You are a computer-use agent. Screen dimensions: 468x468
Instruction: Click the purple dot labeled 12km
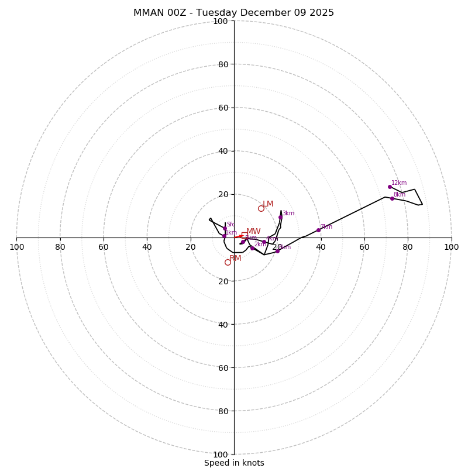(390, 187)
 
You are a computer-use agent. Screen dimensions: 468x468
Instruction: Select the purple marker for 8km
(392, 198)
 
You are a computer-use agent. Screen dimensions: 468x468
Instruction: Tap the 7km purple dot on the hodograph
(318, 230)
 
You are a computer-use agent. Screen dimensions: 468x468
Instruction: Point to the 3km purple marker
(280, 217)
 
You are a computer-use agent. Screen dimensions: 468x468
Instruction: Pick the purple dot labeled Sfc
(225, 228)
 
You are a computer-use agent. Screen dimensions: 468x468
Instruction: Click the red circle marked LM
(261, 208)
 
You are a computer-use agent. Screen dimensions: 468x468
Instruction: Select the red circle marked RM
(228, 262)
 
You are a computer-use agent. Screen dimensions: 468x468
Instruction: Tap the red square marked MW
(244, 235)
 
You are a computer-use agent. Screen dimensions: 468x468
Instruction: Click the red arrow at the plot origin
(239, 236)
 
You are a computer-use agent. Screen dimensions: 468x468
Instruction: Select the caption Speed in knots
(234, 463)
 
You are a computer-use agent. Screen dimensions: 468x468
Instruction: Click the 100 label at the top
(221, 22)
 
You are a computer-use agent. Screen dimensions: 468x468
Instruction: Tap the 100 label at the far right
(451, 247)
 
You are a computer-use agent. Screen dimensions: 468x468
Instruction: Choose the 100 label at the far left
(16, 247)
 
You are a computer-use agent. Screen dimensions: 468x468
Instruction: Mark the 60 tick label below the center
(221, 367)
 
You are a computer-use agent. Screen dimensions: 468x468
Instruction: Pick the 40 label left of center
(147, 247)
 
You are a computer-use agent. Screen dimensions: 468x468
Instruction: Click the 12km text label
(399, 183)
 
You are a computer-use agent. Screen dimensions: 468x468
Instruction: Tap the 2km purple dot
(252, 248)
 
